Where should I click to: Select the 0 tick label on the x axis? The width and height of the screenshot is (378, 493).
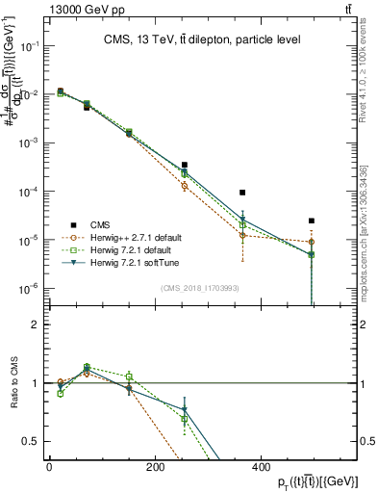[x=49, y=468]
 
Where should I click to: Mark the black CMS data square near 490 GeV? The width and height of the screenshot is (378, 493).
[x=312, y=221]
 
